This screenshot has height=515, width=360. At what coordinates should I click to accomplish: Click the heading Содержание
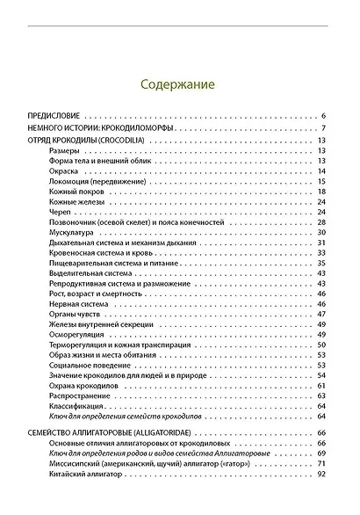[180, 85]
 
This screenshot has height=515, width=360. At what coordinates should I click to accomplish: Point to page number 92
[321, 474]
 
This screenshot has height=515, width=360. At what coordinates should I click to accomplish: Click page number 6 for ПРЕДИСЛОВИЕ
[324, 116]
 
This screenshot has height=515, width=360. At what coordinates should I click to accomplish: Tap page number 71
[321, 463]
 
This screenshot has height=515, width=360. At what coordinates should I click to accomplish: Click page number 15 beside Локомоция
[321, 182]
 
